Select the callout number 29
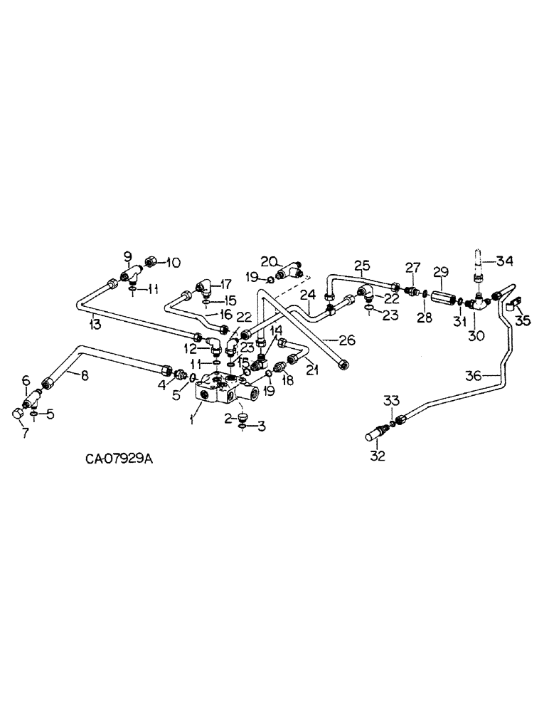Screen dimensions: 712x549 tap(440, 273)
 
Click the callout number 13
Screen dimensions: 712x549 tap(95, 324)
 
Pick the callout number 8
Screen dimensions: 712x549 tap(84, 375)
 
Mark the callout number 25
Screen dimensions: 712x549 tap(361, 267)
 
